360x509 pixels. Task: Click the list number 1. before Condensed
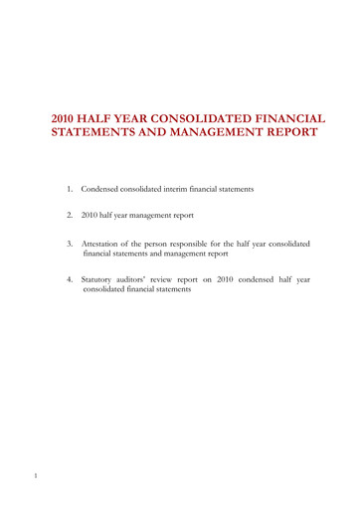(70, 188)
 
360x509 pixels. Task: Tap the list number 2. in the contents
(70, 215)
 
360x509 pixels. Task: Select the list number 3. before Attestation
(70, 243)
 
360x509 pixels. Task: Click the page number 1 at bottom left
(35, 486)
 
